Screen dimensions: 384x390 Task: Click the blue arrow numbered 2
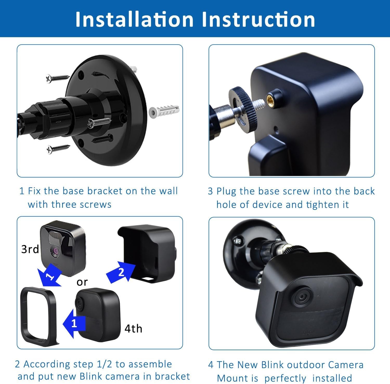tap(121, 272)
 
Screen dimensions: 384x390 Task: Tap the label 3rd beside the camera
tap(30, 249)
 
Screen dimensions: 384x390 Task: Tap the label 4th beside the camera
tap(133, 329)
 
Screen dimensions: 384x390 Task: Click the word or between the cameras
tap(82, 282)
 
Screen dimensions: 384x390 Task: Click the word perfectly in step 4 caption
tap(286, 378)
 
